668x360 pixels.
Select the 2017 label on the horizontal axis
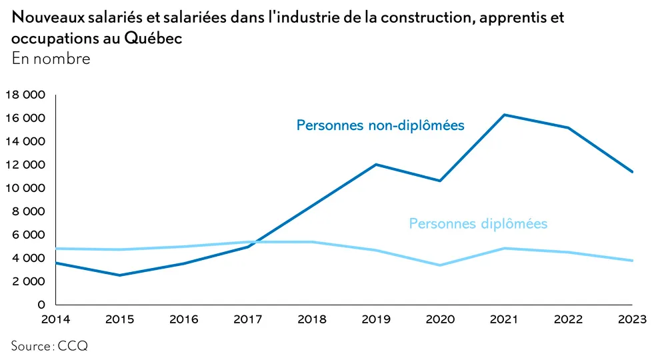click(x=248, y=319)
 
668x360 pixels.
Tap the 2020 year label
click(x=440, y=319)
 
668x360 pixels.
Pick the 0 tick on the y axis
click(x=41, y=305)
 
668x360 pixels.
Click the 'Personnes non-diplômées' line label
click(x=380, y=125)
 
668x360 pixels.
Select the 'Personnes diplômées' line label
click(x=478, y=223)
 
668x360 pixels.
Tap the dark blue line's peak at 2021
click(x=505, y=115)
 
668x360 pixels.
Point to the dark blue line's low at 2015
click(x=120, y=275)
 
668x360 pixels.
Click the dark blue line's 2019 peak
click(x=377, y=164)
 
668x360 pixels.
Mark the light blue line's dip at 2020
click(x=441, y=265)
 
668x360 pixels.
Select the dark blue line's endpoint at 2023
click(x=632, y=172)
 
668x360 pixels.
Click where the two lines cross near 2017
click(x=254, y=242)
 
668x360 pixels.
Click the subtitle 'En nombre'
click(x=51, y=59)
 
